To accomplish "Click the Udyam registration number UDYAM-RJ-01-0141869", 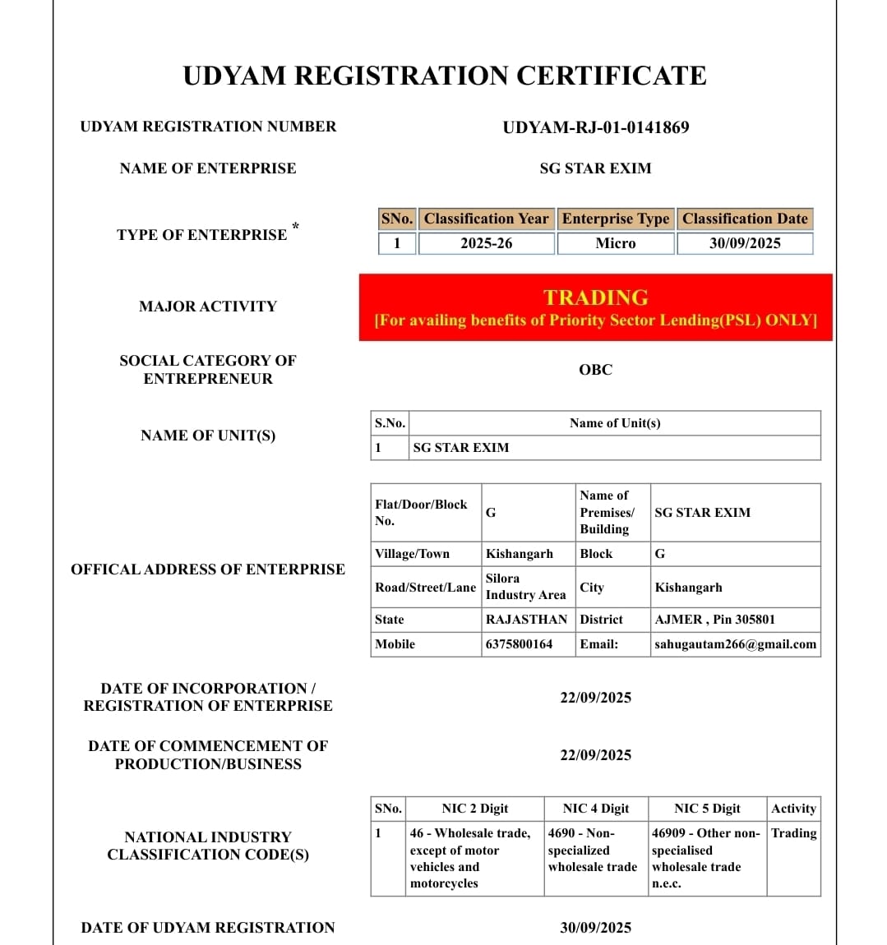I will [595, 127].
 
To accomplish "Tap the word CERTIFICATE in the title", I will [611, 76].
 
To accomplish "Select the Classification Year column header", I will [486, 219].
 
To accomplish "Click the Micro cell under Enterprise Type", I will [616, 243].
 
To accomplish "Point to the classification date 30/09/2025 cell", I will [745, 243].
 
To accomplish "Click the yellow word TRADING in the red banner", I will [595, 297].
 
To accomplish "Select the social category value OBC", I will [595, 370].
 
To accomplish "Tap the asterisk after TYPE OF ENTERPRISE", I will [295, 226].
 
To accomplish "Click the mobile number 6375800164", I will [519, 644].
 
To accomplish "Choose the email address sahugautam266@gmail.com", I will [735, 644].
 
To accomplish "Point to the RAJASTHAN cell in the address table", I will [526, 620].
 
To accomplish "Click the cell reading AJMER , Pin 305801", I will [714, 620].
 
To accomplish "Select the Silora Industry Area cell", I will [525, 587].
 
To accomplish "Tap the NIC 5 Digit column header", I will [707, 809].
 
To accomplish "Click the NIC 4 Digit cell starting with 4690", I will [592, 850].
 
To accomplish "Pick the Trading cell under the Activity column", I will [793, 833].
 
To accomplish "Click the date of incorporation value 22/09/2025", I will [595, 698].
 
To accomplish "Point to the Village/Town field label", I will [412, 554].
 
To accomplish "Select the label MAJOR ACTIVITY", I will [208, 307].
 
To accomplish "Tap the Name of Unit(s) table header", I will [615, 423].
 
